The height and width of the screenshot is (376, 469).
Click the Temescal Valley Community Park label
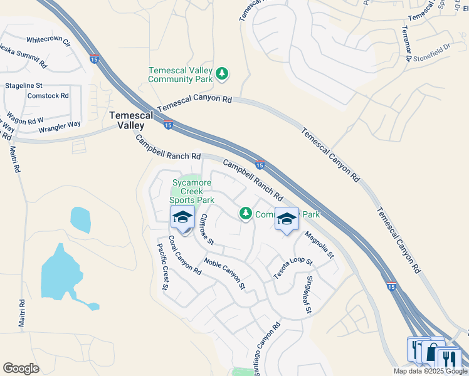[x=181, y=75]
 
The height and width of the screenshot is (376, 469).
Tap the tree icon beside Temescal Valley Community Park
[x=221, y=75]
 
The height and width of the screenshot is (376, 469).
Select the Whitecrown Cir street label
[x=48, y=41]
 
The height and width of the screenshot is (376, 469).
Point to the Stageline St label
[x=24, y=85]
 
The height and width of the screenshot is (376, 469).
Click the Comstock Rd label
[x=48, y=96]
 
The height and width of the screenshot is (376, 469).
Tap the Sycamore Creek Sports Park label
[x=192, y=191]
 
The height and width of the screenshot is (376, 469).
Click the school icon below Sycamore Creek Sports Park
[x=182, y=217]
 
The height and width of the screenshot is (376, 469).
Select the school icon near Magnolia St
[x=287, y=219]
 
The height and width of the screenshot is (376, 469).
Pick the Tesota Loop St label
[x=292, y=268]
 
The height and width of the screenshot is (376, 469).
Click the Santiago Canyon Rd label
[x=267, y=345]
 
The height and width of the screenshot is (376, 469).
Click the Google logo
[x=21, y=368]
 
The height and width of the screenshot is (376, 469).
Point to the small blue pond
[x=80, y=219]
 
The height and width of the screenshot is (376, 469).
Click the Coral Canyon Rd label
[x=185, y=259]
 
